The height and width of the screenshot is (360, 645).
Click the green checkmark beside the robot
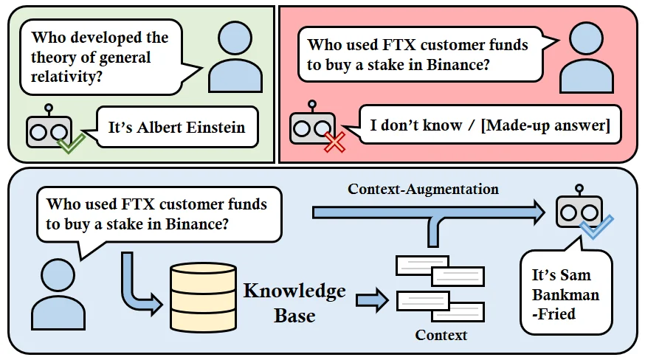pos(72,142)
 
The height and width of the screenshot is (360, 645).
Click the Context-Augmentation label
pos(423,190)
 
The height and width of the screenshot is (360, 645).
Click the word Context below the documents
pos(441,335)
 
